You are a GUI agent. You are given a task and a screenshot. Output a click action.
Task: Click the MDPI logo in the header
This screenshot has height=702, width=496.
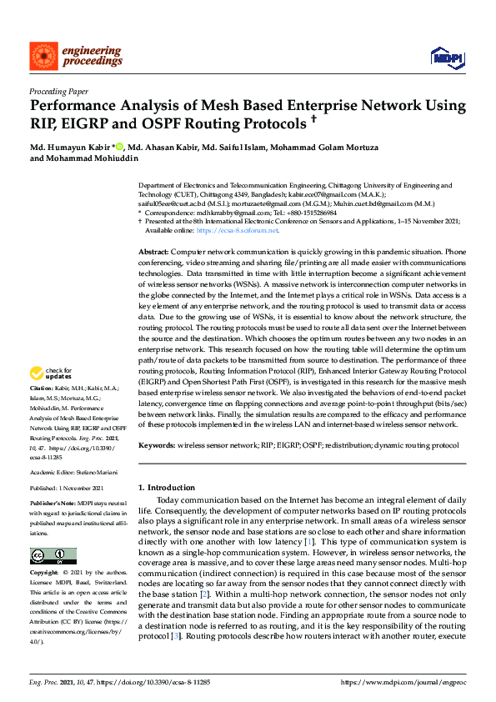click(447, 56)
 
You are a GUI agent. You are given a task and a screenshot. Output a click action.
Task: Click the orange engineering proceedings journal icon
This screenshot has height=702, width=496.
click(43, 56)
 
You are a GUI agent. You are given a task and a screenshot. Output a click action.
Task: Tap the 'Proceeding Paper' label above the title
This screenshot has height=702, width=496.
click(58, 92)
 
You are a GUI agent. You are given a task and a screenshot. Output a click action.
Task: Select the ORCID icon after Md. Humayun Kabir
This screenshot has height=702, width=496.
click(119, 148)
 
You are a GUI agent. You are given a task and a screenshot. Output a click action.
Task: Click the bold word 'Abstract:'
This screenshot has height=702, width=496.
click(153, 251)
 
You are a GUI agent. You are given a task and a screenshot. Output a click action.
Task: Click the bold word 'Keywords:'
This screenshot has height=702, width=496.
click(157, 446)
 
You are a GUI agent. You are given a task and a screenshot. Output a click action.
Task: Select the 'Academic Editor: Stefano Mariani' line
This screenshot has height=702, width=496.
click(73, 472)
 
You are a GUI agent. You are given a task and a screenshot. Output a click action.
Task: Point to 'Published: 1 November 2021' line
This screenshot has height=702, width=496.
click(66, 488)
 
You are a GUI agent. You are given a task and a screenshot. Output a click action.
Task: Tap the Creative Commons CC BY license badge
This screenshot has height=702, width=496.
click(53, 555)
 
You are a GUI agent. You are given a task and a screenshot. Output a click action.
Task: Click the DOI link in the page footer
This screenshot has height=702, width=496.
click(158, 683)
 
